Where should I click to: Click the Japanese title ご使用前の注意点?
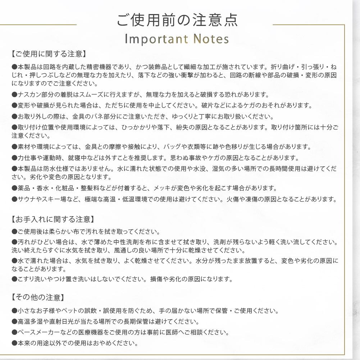[177, 20]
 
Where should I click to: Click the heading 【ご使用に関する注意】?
[49, 54]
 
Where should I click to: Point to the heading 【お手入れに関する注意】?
[53, 219]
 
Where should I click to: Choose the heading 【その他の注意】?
[38, 297]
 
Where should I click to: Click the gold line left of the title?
[38, 25]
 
